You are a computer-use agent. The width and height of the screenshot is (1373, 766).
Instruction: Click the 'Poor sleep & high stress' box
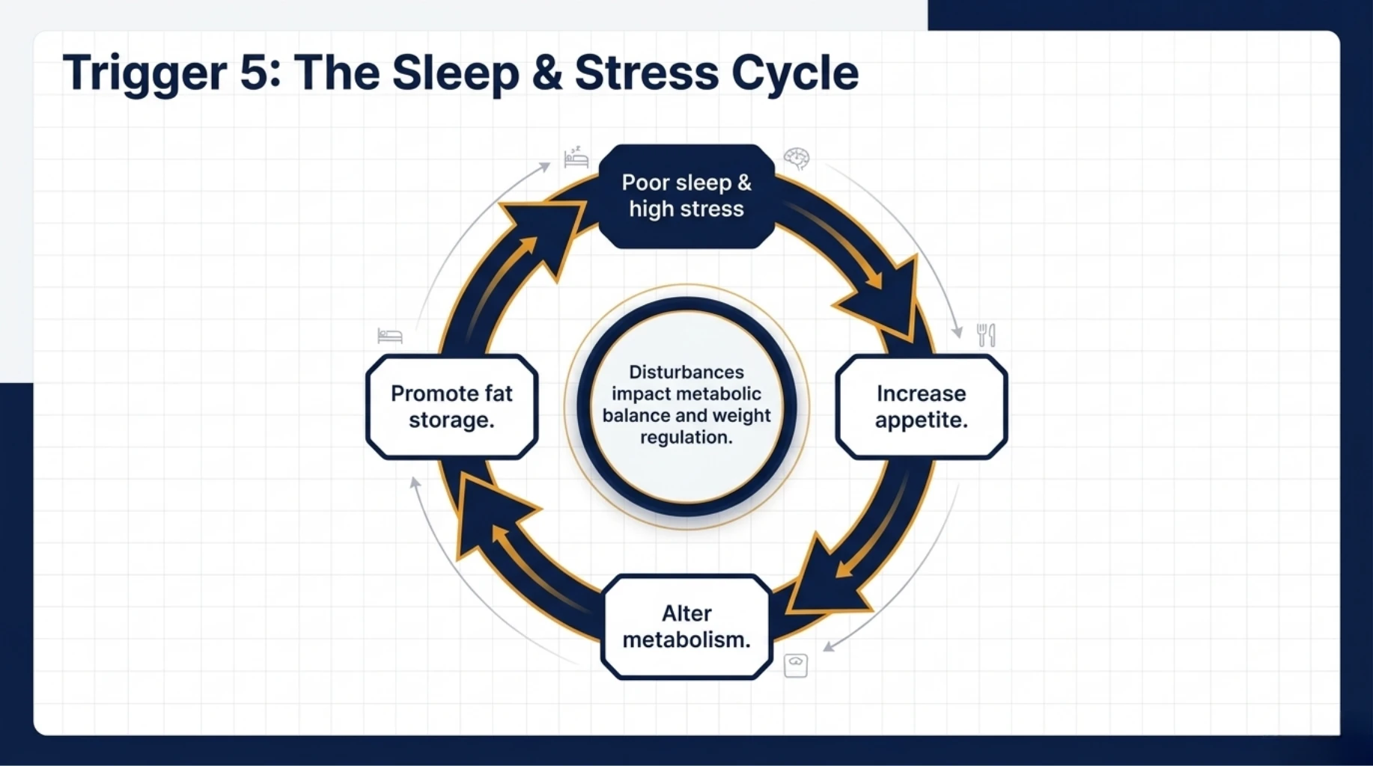point(686,196)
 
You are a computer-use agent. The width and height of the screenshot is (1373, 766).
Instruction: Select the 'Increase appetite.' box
point(921,406)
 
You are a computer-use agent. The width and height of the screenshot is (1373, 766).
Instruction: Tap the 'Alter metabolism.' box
point(686,627)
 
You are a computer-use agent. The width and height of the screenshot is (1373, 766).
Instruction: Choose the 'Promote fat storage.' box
point(451,406)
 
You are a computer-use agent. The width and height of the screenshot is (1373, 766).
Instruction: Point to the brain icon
point(797,159)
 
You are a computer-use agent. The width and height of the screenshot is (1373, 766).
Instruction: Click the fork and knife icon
point(986,334)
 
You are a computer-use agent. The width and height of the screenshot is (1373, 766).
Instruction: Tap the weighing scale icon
point(795,665)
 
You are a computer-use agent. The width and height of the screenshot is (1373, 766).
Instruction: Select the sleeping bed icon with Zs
point(576,158)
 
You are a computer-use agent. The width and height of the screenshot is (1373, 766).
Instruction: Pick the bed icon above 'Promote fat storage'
point(390,336)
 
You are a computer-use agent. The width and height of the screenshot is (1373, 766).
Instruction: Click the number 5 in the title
point(255,73)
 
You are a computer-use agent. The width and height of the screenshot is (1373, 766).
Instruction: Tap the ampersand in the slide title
point(547,73)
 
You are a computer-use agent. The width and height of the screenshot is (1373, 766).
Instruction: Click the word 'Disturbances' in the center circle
point(686,372)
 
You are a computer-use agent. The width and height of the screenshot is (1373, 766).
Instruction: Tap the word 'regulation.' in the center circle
point(686,437)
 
